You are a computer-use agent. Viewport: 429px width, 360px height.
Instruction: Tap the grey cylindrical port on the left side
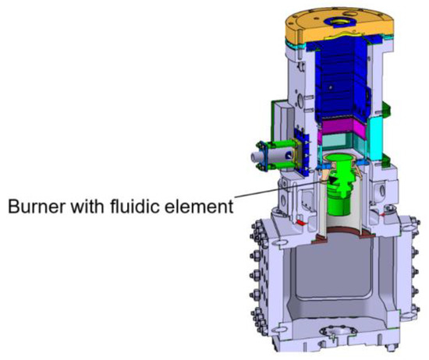[x=258, y=156]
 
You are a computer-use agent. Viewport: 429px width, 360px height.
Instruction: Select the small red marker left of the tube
[x=299, y=221]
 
